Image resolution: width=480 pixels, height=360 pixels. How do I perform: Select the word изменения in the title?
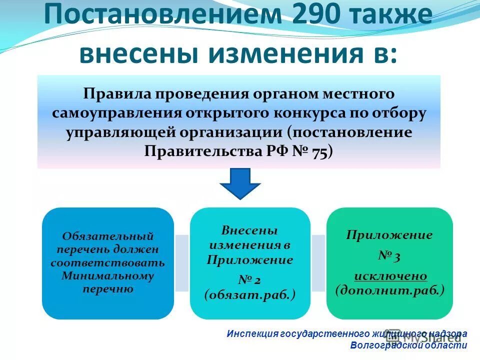coord(283,53)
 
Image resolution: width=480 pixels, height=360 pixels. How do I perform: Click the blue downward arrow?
coord(240,184)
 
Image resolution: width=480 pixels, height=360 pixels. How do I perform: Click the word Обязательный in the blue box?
coord(108,236)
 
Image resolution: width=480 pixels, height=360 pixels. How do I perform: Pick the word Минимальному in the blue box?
coord(108,275)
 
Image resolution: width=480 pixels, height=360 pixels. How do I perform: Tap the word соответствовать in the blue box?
coord(108,262)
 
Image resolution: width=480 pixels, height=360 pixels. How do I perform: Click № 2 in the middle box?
coord(250,278)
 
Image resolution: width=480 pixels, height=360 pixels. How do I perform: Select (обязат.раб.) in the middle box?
coord(250,295)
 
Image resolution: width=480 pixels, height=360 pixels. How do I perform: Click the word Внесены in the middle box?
coord(249,231)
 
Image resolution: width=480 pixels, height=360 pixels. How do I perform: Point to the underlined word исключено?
coord(390,275)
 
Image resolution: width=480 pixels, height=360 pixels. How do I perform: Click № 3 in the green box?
coord(389,256)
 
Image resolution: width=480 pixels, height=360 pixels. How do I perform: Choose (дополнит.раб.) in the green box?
coord(390,290)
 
